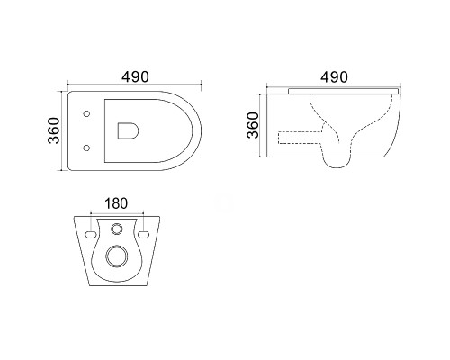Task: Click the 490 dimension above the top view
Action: coord(135,77)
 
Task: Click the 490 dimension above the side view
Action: coord(334,77)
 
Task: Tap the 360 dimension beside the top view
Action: coord(54,130)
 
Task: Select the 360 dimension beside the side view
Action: coord(253,125)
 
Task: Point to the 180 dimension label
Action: coord(116,203)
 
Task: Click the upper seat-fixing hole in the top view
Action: coord(86,113)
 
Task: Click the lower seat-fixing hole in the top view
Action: coord(86,148)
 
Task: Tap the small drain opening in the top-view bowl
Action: coord(128,130)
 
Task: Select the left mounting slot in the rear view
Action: coord(91,234)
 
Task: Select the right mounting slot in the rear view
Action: coord(144,234)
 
